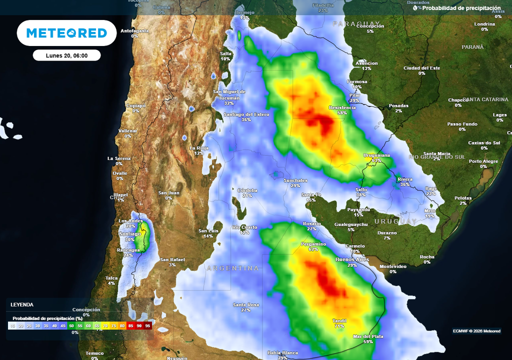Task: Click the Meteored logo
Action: click(x=66, y=33)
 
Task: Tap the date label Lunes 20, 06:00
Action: click(x=66, y=55)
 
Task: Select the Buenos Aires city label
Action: click(x=352, y=259)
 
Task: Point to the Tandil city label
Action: click(x=339, y=321)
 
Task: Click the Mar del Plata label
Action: click(x=368, y=336)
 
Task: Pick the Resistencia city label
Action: click(x=342, y=108)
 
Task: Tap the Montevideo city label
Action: click(x=392, y=266)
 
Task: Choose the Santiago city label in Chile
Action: click(x=129, y=234)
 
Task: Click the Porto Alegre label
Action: click(x=483, y=161)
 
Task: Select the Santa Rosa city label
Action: click(x=245, y=305)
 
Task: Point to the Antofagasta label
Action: click(x=135, y=30)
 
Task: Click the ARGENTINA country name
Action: click(x=233, y=268)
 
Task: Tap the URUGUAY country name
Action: click(x=395, y=221)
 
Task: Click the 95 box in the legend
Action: click(x=147, y=325)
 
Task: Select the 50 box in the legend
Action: click(x=71, y=325)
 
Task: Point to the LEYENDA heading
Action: click(x=22, y=304)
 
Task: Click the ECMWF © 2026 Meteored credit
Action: click(x=476, y=331)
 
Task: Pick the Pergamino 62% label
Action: click(x=313, y=244)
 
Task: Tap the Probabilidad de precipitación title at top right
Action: click(x=461, y=8)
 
